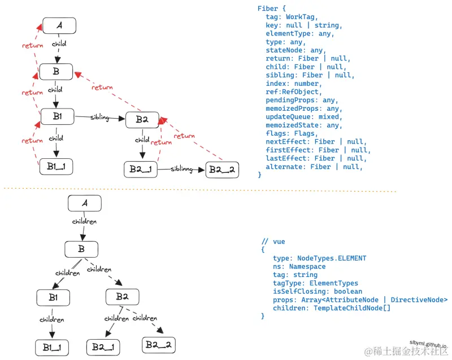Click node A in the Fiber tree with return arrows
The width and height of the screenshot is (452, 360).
pos(59,25)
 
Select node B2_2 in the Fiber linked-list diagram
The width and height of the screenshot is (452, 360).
pos(222,169)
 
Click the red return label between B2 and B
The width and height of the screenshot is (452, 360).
pos(102,87)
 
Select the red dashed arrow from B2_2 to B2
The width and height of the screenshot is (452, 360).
pos(192,138)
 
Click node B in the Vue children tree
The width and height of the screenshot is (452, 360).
pos(81,249)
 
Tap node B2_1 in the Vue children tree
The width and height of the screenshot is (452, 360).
pos(103,346)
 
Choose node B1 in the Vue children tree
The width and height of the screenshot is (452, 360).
pos(53,297)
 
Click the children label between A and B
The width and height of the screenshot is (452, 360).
pos(85,222)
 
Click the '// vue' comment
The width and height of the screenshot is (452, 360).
pos(273,241)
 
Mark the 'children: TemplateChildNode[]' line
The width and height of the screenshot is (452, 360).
pos(332,308)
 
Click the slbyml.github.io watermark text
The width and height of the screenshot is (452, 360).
pos(428,344)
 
